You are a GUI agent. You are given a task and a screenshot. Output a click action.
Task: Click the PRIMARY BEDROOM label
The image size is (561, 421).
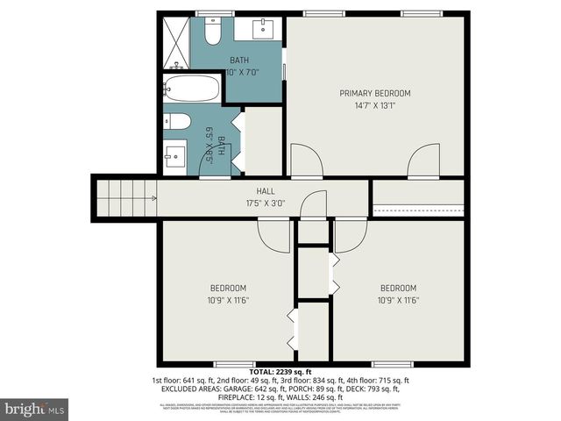(x=374, y=93)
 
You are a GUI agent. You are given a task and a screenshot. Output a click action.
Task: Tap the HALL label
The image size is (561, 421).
(x=265, y=191)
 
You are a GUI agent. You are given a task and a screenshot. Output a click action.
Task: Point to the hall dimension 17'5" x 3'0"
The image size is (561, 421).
(x=265, y=203)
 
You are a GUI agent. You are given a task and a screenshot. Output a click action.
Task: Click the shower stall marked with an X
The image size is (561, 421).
(x=178, y=42)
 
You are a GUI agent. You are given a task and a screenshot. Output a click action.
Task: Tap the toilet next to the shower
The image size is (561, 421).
(x=211, y=33)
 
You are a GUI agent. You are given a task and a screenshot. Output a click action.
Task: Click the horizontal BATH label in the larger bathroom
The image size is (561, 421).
(x=238, y=61)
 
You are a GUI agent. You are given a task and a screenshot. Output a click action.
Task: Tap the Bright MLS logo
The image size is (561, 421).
(x=35, y=409)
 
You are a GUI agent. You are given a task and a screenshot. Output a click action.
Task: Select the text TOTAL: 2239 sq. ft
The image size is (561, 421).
(x=280, y=372)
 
